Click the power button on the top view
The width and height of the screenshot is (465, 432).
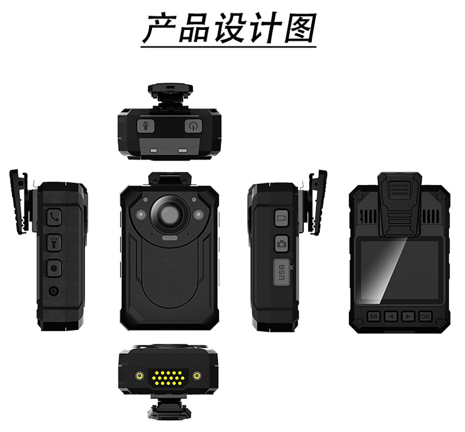click(x=193, y=126)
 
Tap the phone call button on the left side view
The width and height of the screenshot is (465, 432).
click(x=54, y=217)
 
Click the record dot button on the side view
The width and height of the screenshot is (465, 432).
click(x=54, y=268)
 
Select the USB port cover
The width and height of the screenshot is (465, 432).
click(x=282, y=272)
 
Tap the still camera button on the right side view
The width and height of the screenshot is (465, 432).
click(x=281, y=243)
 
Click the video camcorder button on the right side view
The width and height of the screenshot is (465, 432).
click(x=281, y=218)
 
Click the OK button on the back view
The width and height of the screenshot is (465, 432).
click(x=425, y=316)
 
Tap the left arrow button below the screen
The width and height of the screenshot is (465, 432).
click(x=391, y=316)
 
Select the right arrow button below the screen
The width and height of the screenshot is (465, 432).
click(x=408, y=316)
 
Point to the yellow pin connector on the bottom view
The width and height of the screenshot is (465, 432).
click(x=168, y=378)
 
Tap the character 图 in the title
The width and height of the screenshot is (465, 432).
click(x=300, y=28)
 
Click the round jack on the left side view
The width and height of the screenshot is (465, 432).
click(x=54, y=291)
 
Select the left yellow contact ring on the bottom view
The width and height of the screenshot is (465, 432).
click(x=139, y=376)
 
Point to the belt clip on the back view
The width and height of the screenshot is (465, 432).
click(x=399, y=204)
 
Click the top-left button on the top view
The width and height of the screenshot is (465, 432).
click(x=146, y=126)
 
